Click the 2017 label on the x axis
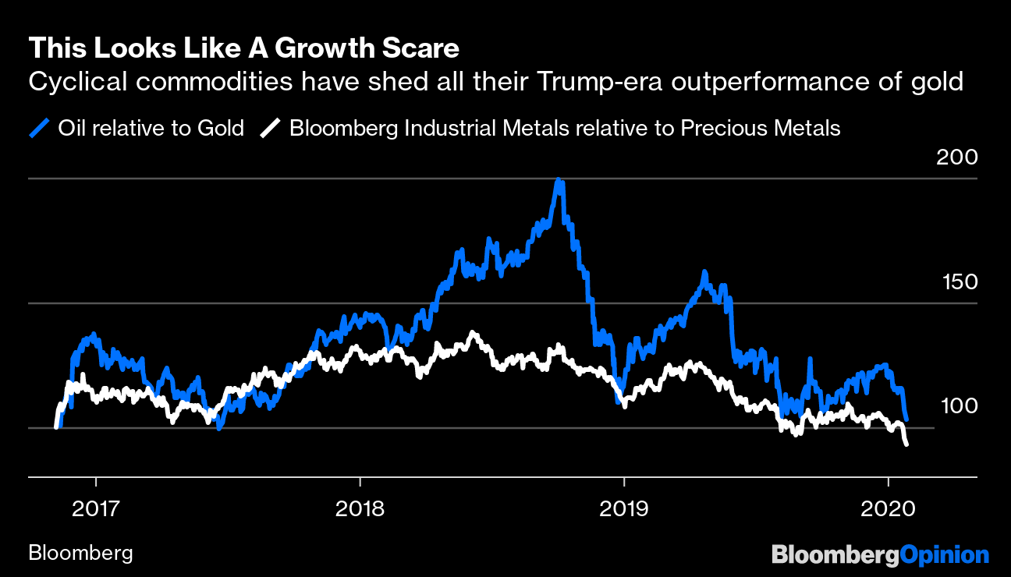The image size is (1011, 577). [96, 508]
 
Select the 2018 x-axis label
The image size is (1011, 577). [360, 508]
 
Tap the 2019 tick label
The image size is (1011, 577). [623, 508]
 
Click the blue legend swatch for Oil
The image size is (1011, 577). [39, 128]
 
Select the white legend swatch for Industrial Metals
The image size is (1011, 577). [270, 128]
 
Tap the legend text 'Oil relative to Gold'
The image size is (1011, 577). [151, 128]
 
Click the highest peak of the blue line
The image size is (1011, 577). [559, 181]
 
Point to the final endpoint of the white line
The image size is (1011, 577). [906, 444]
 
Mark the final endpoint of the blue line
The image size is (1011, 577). [906, 419]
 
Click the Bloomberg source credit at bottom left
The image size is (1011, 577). [80, 554]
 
